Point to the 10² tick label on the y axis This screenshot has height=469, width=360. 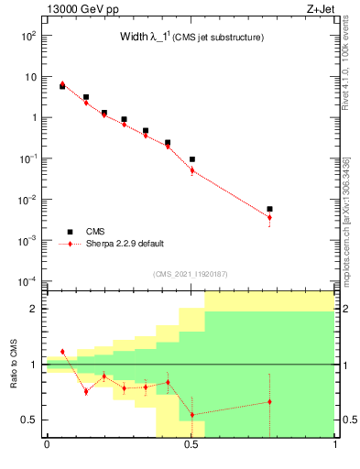click(27, 36)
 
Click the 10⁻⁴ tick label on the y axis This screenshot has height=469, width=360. click(27, 281)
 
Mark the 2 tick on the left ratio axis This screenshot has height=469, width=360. click(34, 309)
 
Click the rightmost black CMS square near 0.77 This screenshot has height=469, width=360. click(269, 209)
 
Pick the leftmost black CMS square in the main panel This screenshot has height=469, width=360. click(62, 86)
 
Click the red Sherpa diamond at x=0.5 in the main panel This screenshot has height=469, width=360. click(192, 170)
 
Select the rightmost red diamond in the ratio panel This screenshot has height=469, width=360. click(269, 401)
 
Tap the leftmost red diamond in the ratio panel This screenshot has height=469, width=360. click(62, 352)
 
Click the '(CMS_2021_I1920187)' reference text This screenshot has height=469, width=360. click(191, 274)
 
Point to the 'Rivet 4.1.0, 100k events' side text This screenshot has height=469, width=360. click(345, 64)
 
